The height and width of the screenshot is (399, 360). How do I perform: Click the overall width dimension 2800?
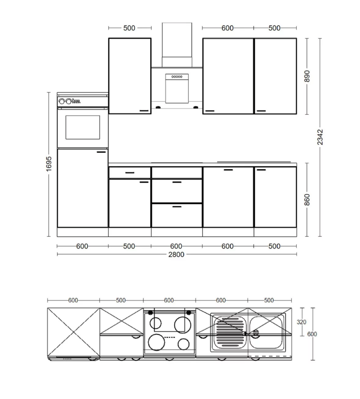pyautogui.click(x=176, y=254)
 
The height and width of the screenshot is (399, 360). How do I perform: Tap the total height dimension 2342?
pyautogui.click(x=320, y=137)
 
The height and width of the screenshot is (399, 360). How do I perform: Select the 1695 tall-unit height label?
pyautogui.click(x=49, y=164)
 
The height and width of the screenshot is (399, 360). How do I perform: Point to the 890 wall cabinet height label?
pyautogui.click(x=307, y=76)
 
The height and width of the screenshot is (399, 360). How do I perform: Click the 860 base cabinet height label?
pyautogui.click(x=307, y=200)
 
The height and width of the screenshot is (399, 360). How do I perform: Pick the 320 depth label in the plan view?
pyautogui.click(x=301, y=322)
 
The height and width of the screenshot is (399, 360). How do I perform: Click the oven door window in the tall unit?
pyautogui.click(x=83, y=127)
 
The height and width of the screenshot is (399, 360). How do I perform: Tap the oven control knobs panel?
pyautogui.click(x=69, y=101)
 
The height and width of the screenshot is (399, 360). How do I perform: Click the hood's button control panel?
pyautogui.click(x=177, y=77)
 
